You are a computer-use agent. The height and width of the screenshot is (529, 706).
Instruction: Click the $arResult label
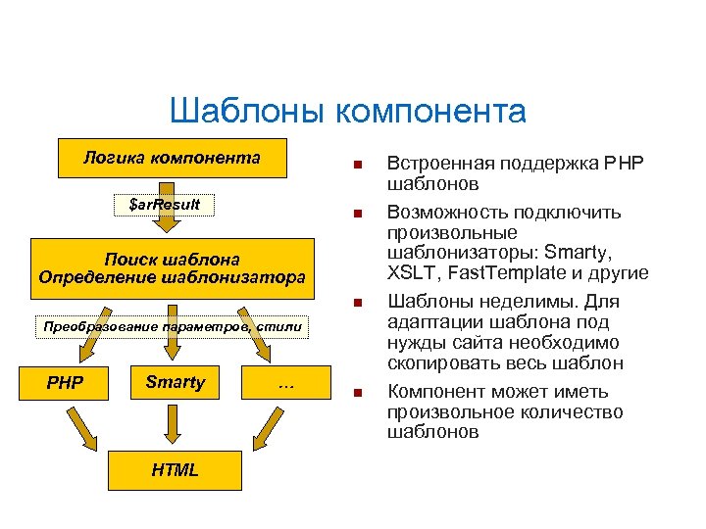(x=165, y=204)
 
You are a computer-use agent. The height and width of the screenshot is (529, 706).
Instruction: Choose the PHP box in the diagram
(x=66, y=382)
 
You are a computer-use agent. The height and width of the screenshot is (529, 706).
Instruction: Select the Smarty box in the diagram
(x=175, y=382)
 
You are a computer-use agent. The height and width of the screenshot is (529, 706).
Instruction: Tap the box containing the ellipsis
(x=286, y=386)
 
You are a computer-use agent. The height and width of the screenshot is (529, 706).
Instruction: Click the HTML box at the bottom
(x=175, y=470)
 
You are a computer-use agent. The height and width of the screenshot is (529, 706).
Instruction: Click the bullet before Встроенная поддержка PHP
(x=359, y=163)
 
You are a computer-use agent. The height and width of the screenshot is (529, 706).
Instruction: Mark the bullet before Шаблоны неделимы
(x=359, y=303)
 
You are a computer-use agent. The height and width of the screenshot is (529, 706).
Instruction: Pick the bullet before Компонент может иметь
(x=359, y=394)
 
